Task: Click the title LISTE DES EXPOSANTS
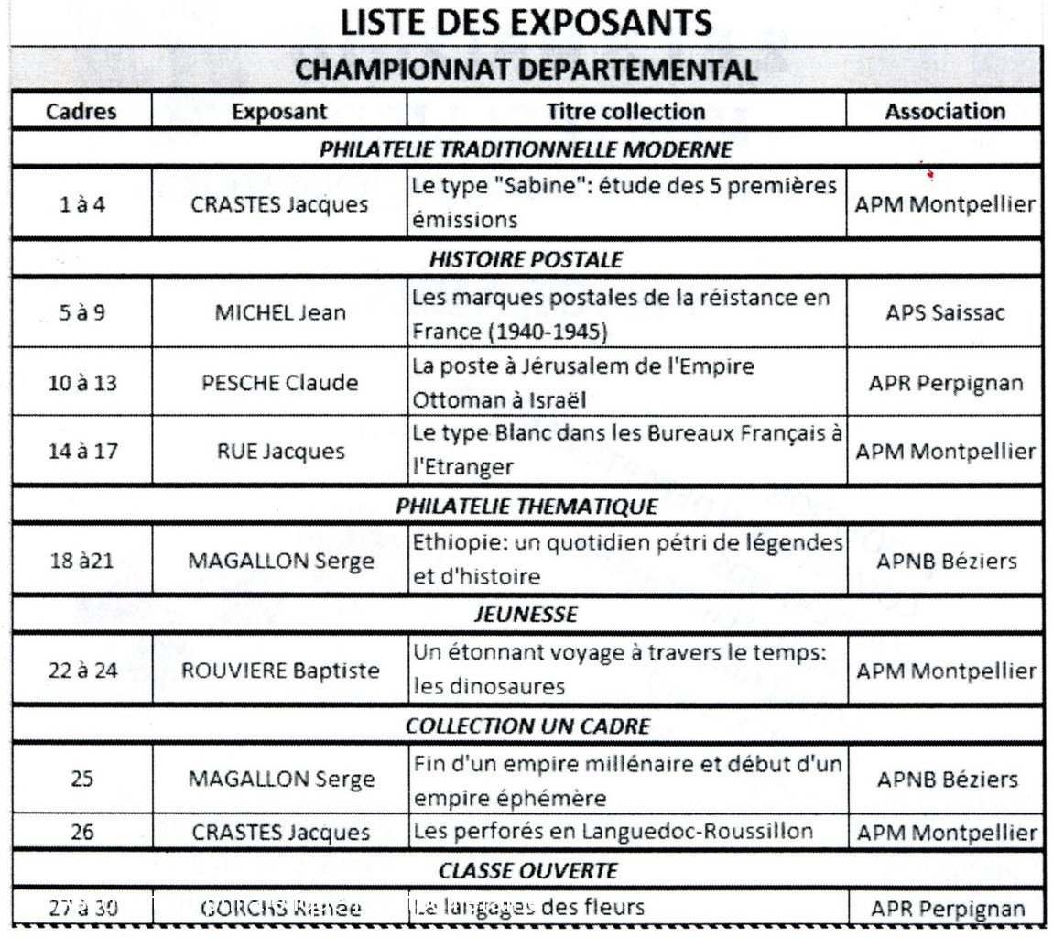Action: point(526,24)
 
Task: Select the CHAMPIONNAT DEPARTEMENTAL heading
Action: point(526,69)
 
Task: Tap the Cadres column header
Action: point(81,111)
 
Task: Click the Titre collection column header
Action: point(625,111)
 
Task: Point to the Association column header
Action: point(945,111)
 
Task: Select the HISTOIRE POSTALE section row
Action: point(526,259)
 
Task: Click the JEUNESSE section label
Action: point(526,614)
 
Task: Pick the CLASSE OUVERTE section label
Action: point(526,868)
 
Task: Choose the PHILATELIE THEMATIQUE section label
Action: point(526,506)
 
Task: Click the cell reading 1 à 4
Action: point(81,204)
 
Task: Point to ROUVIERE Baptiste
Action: point(280,671)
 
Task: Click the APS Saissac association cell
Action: point(945,313)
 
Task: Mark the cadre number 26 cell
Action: point(81,833)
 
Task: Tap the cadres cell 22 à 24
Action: point(81,671)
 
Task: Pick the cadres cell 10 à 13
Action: point(81,383)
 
